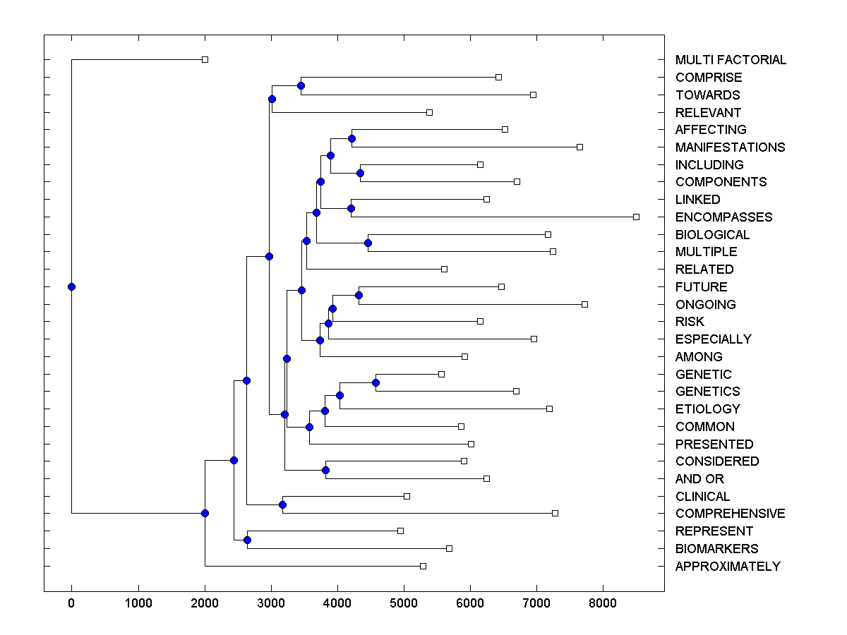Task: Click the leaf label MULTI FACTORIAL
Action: coord(731,60)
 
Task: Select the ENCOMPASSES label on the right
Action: coord(723,217)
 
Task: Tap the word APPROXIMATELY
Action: coord(728,567)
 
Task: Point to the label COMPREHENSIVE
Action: coord(730,514)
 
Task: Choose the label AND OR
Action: coord(699,479)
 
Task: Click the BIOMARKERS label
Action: coord(716,549)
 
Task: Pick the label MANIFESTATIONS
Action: coord(730,147)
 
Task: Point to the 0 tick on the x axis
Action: coord(71,603)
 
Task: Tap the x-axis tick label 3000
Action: coord(271,603)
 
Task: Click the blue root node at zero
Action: coord(71,286)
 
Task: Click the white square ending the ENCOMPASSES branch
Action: coord(636,217)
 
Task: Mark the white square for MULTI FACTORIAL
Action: coord(205,60)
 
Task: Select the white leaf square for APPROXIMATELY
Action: coord(423,566)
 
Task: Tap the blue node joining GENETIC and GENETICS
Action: coord(376,382)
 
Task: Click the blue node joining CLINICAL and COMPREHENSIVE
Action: coord(282,504)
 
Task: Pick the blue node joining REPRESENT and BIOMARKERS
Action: coord(247,540)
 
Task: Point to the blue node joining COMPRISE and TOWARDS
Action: coord(301,85)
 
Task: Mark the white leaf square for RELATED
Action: coord(444,269)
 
